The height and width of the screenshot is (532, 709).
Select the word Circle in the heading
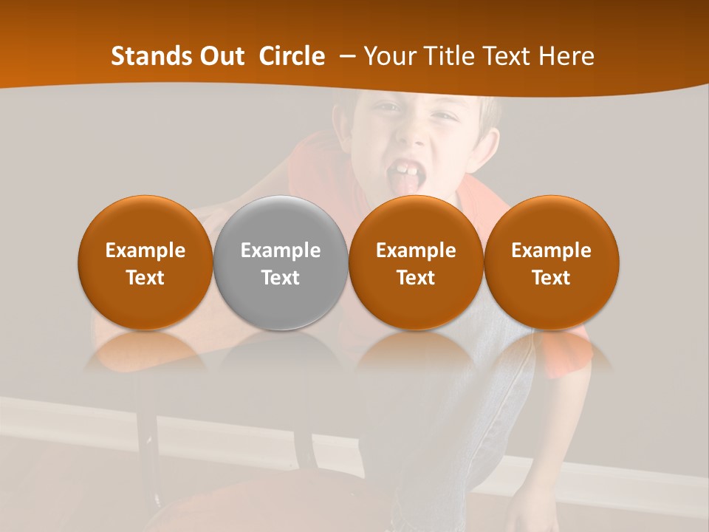click(292, 56)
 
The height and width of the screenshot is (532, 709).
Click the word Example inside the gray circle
click(281, 250)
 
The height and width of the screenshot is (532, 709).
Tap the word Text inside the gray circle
click(281, 278)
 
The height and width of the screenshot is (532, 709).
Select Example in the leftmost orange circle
click(145, 250)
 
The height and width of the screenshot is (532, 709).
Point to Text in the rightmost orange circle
click(552, 278)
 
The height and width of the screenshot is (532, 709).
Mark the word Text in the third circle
click(416, 278)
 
